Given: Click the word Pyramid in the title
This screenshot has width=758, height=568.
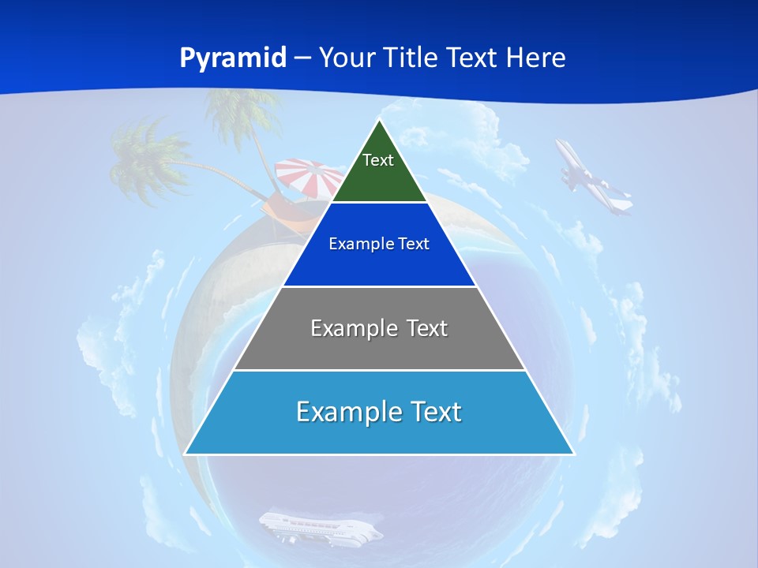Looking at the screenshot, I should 233,58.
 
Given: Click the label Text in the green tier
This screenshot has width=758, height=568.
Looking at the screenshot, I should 378,160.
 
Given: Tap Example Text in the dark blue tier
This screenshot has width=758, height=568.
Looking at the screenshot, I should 379,244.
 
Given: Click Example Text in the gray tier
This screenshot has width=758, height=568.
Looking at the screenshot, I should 379,328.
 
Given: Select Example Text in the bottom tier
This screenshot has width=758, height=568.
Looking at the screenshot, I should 379,412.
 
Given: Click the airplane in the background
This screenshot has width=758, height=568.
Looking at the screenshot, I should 592,177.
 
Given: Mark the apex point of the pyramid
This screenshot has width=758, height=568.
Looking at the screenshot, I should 380,120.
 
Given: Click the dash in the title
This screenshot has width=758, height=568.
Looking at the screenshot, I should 303,58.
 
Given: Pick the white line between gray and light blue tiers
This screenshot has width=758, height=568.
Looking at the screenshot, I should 379,370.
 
